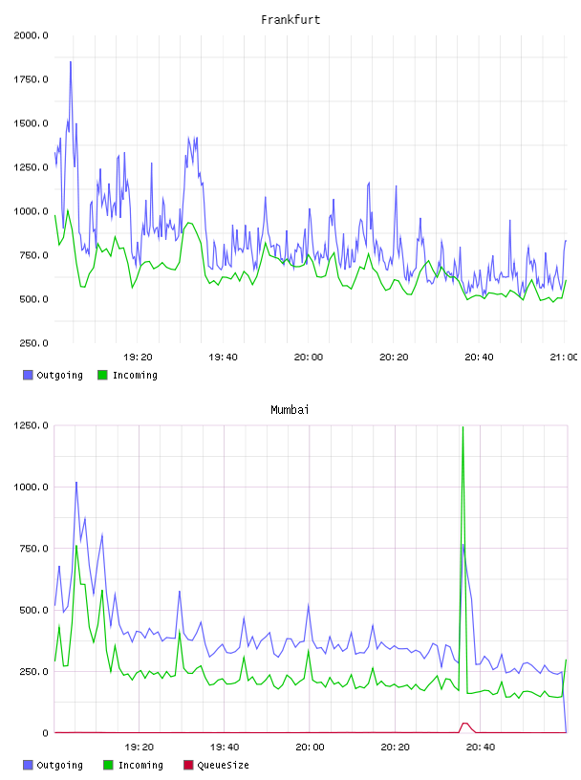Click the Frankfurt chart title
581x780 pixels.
tap(290, 20)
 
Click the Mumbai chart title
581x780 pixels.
tap(290, 410)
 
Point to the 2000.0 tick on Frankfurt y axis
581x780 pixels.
tap(31, 35)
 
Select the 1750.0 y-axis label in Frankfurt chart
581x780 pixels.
tap(31, 79)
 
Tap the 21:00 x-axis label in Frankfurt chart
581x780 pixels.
tap(563, 357)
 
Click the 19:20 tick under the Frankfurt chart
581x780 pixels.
tap(138, 357)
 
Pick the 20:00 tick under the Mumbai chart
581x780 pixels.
tap(310, 747)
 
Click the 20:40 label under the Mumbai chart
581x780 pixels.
tap(481, 747)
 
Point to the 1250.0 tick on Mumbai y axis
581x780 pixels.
tap(31, 425)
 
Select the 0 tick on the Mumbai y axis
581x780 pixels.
tap(45, 733)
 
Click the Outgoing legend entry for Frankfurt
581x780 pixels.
tap(53, 375)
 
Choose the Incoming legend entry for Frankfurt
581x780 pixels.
tap(127, 375)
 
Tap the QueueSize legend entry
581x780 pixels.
tap(216, 765)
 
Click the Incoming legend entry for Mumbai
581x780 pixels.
tap(133, 765)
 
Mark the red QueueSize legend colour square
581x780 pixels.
tap(188, 765)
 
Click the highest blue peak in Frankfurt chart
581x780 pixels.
tap(71, 62)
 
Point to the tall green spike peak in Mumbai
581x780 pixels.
tap(463, 427)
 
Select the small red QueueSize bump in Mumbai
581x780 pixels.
tap(464, 725)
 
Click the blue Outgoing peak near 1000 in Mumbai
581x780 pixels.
tap(76, 483)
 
